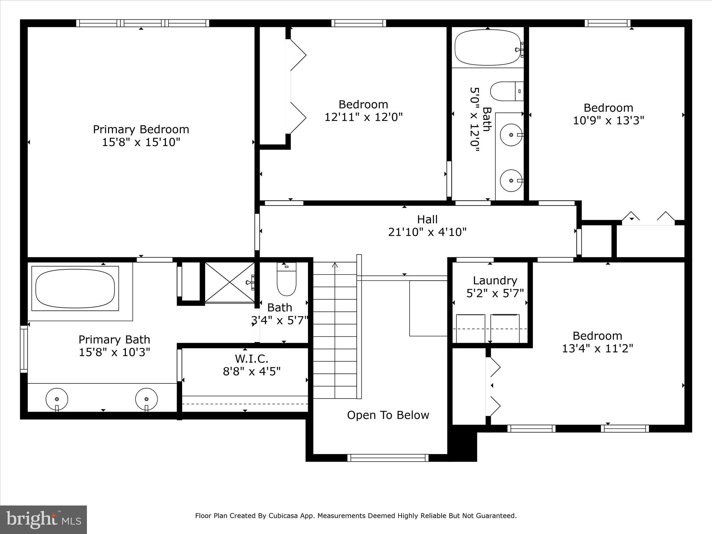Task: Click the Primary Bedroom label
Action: point(141,129)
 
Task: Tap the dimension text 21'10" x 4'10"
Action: point(427,232)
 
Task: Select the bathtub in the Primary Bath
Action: point(75,289)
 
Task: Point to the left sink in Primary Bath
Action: point(57,399)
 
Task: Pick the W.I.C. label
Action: point(251,358)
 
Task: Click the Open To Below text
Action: point(388,415)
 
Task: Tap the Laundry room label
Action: point(495,281)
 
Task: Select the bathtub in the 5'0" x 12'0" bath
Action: point(487,48)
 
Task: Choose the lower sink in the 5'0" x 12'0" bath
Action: point(511,180)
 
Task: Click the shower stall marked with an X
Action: point(229,282)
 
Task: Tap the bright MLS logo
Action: point(43,520)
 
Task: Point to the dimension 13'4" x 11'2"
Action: point(597,348)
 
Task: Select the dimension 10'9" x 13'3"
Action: point(608,121)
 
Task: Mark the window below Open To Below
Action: point(388,458)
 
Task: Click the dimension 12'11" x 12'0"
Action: point(363,117)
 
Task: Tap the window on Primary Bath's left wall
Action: point(24,349)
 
